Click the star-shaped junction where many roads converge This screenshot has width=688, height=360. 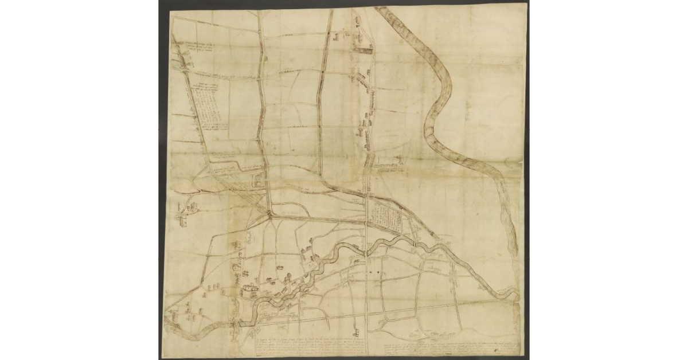tap(269, 214)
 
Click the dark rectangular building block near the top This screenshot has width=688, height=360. tap(363, 50)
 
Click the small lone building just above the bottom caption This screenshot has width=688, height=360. tap(356, 331)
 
